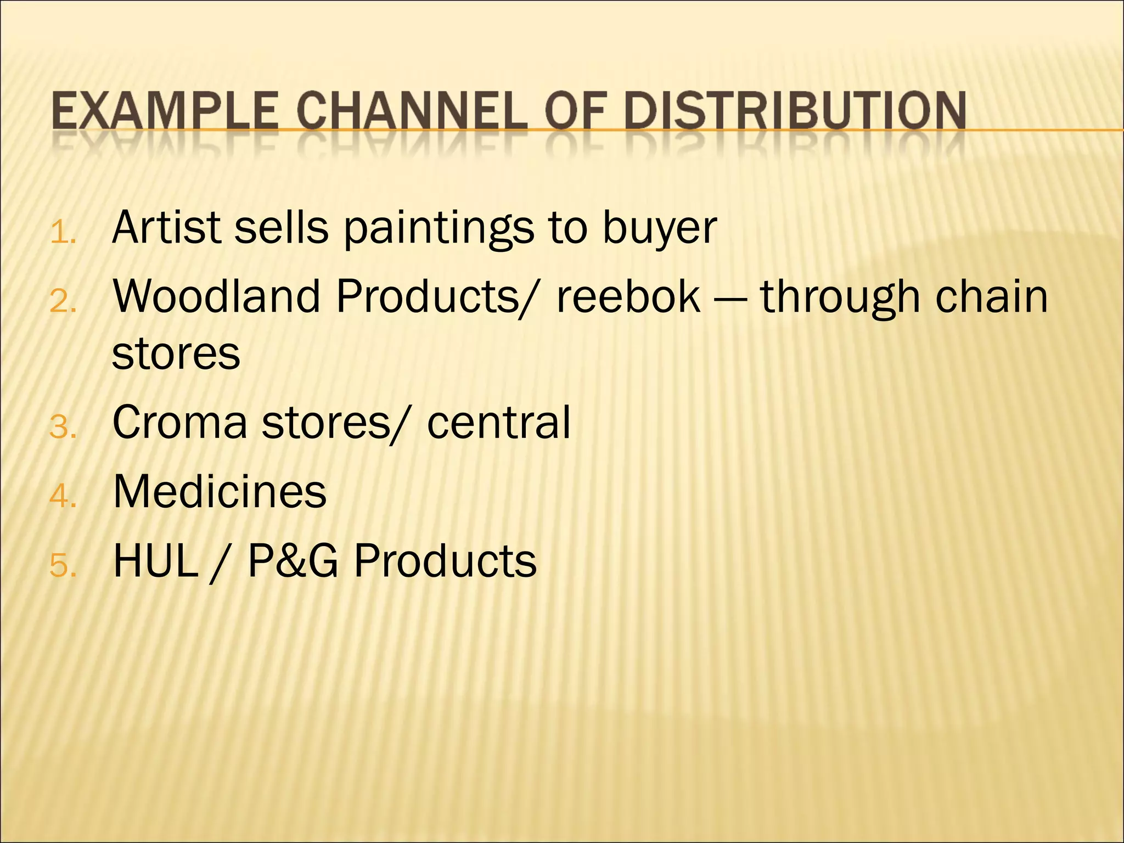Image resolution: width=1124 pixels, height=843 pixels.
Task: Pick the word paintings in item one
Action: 439,228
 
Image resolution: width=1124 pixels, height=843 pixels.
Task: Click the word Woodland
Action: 216,296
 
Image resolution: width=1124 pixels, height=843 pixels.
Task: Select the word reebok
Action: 628,296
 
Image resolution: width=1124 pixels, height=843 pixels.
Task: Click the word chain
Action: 991,296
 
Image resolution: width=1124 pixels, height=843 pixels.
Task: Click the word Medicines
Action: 220,491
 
